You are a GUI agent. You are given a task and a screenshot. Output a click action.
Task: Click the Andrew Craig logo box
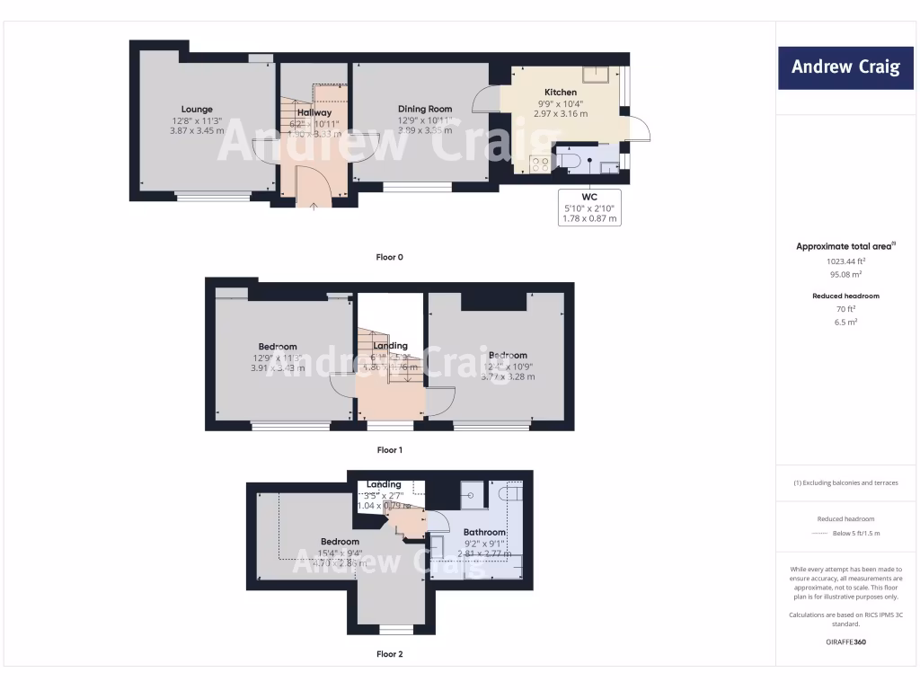coord(845,67)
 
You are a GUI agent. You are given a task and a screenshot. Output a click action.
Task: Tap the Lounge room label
coord(196,110)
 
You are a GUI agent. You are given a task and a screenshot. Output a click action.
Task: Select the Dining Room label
coord(425,109)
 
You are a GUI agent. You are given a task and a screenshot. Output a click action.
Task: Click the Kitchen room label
coord(561,92)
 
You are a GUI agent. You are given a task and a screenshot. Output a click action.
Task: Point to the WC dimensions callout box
coord(589,208)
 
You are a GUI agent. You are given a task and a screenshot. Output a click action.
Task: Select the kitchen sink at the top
coord(596,75)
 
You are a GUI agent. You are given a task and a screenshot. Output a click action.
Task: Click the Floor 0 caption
coord(389,257)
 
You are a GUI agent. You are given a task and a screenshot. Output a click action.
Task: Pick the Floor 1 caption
coord(389,449)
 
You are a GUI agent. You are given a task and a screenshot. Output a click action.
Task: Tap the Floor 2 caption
coord(389,654)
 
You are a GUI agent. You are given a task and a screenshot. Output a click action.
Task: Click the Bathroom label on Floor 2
coord(485,532)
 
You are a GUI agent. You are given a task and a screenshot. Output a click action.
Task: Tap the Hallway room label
coord(314,112)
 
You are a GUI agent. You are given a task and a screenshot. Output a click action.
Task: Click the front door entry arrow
coord(313,206)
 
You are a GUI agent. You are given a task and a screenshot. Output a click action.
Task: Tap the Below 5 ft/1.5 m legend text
coord(859,533)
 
